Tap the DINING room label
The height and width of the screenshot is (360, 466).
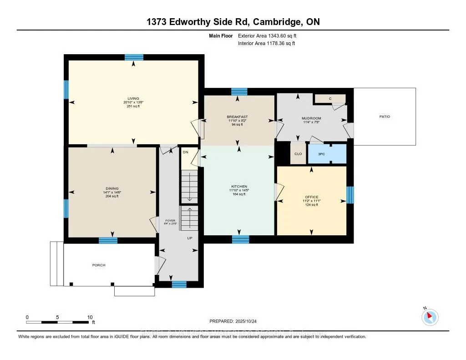pyautogui.click(x=112, y=188)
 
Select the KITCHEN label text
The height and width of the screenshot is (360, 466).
pyautogui.click(x=239, y=187)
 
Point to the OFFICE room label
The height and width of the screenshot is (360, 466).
pyautogui.click(x=311, y=197)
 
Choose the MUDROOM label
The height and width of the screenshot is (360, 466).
pyautogui.click(x=311, y=118)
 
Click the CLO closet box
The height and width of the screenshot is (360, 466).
pyautogui.click(x=298, y=154)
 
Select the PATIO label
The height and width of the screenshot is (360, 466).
pyautogui.click(x=385, y=117)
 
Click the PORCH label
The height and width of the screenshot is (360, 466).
pyautogui.click(x=99, y=265)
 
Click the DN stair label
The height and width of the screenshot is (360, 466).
pyautogui.click(x=185, y=152)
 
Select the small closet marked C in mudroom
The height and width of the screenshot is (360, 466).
pyautogui.click(x=330, y=99)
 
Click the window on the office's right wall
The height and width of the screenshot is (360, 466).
pyautogui.click(x=349, y=195)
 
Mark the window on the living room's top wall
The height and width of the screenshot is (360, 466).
pyautogui.click(x=134, y=57)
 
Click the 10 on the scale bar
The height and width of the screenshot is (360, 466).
pyautogui.click(x=90, y=317)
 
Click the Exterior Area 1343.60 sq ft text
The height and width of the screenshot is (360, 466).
pyautogui.click(x=268, y=35)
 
